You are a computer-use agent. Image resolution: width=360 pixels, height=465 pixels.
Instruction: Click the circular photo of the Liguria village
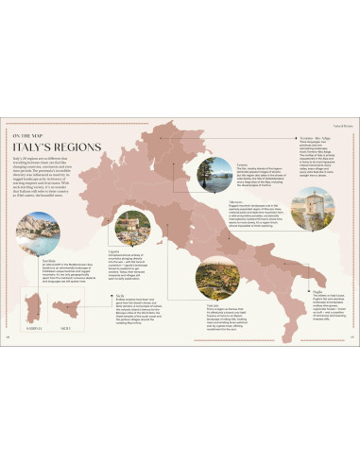131,228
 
